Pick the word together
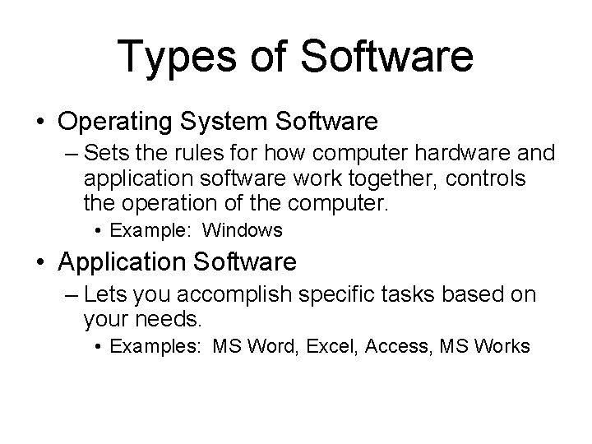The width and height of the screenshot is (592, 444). tap(386, 178)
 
